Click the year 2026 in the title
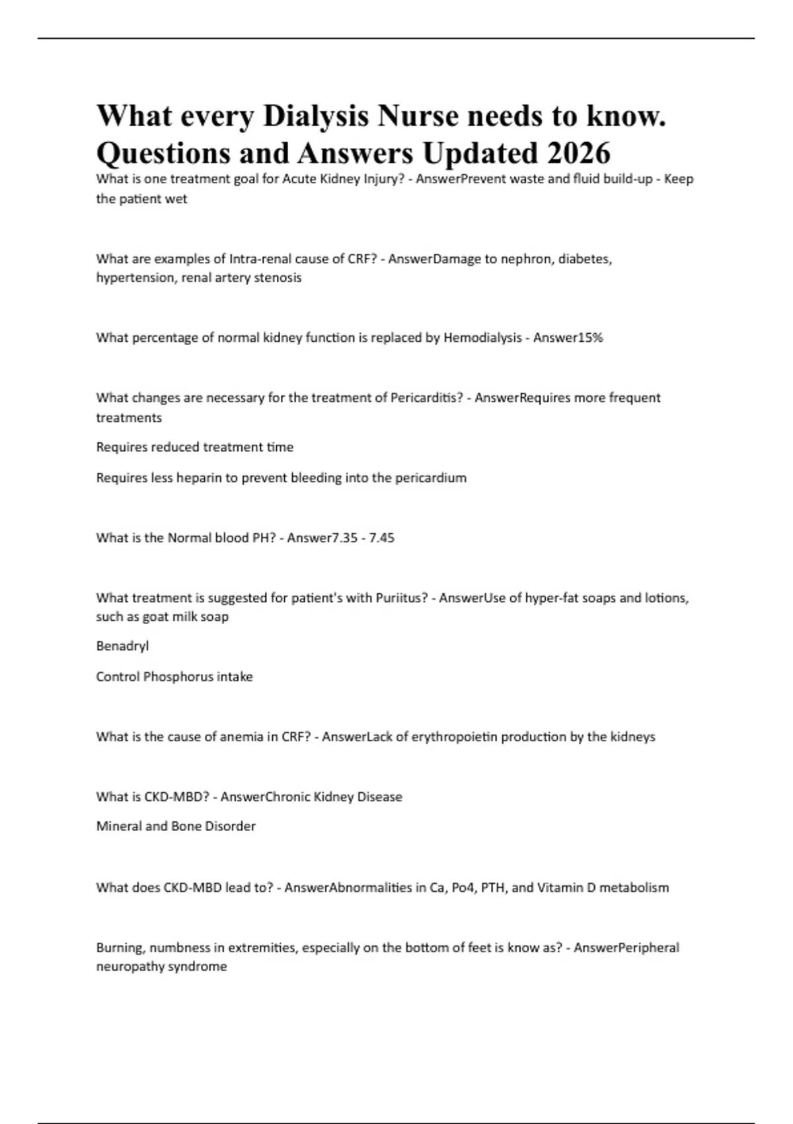pos(578,153)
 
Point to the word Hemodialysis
pos(482,338)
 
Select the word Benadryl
pos(122,646)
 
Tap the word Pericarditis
pos(426,398)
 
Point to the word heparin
pos(198,477)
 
